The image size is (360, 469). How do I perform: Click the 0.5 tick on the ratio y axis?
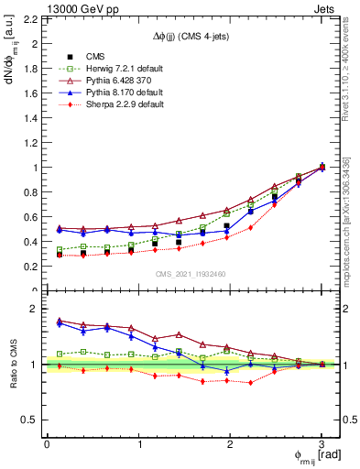pos(29,420)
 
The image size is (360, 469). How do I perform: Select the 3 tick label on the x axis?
pos(322,444)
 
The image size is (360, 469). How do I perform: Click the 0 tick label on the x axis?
pos(47,444)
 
